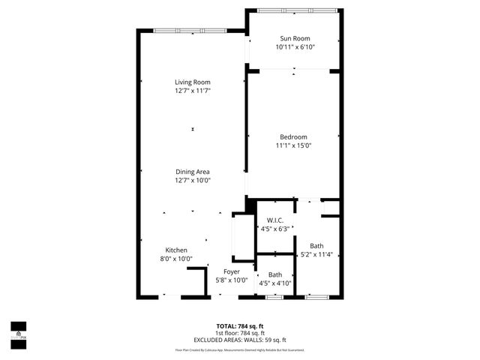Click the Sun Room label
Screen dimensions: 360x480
click(294, 38)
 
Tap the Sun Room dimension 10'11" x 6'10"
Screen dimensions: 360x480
click(294, 47)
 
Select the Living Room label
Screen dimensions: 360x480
click(193, 82)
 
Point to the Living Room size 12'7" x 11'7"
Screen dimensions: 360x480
click(193, 91)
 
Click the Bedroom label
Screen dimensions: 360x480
click(293, 136)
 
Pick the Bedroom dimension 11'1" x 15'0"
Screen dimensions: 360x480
click(293, 145)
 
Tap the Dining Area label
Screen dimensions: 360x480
click(193, 172)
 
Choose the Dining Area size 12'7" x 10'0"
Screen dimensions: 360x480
click(193, 181)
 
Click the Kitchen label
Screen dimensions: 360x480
click(176, 250)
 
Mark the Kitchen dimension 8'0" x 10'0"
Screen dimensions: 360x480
click(176, 259)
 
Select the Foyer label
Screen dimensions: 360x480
click(231, 271)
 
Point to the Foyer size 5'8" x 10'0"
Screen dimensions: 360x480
click(231, 280)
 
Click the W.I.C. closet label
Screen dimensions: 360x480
click(275, 220)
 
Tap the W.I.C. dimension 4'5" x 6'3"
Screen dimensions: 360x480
click(275, 229)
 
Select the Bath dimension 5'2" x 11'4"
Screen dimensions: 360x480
click(316, 255)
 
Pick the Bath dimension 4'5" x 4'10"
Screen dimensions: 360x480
click(275, 283)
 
